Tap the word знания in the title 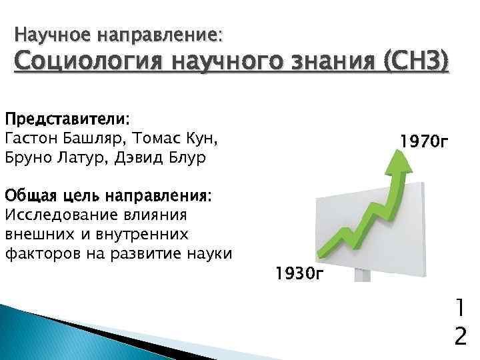coord(342,65)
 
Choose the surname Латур coord(84,158)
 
